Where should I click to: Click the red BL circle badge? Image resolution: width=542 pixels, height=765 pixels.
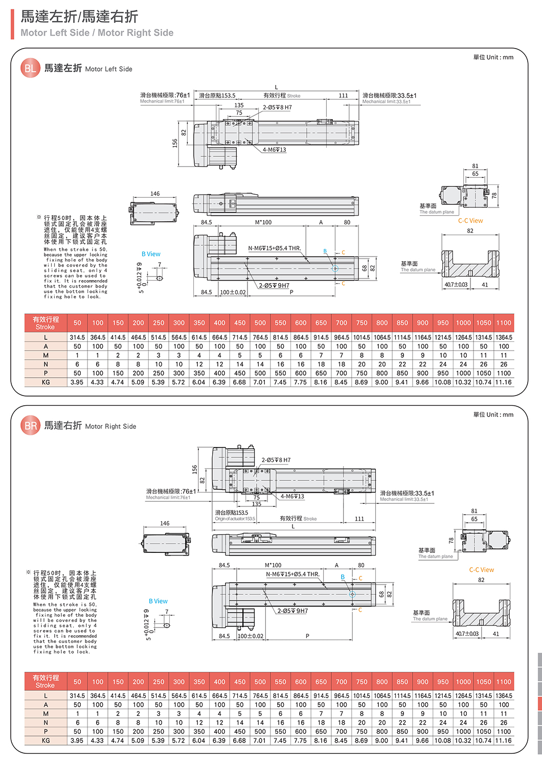pyautogui.click(x=30, y=68)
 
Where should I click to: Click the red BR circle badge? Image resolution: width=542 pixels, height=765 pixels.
pyautogui.click(x=30, y=426)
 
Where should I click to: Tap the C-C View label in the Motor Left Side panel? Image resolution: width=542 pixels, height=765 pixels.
pyautogui.click(x=470, y=221)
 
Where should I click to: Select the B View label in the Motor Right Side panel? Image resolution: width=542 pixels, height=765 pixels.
pyautogui.click(x=158, y=601)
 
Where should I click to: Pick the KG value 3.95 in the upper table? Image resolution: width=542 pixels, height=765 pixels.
pyautogui.click(x=77, y=382)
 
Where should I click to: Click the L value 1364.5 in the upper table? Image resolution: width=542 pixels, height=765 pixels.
pyautogui.click(x=504, y=338)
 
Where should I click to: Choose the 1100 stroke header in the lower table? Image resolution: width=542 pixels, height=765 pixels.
pyautogui.click(x=504, y=682)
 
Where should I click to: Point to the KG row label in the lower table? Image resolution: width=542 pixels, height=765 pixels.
pyautogui.click(x=46, y=740)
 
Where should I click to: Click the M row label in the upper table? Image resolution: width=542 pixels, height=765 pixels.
pyautogui.click(x=46, y=356)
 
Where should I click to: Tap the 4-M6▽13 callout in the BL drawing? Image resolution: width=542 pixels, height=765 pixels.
pyautogui.click(x=275, y=150)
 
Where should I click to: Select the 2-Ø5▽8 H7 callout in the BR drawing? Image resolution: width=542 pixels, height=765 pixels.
pyautogui.click(x=276, y=460)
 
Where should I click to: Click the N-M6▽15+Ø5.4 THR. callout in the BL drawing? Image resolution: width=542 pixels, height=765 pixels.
pyautogui.click(x=275, y=248)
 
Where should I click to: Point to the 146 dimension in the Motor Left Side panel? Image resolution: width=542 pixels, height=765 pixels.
pyautogui.click(x=155, y=194)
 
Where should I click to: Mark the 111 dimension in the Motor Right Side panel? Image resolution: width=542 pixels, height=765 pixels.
pyautogui.click(x=359, y=519)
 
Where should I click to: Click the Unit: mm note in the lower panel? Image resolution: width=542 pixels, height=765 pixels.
pyautogui.click(x=493, y=414)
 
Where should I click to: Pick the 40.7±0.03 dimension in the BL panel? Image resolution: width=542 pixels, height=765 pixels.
pyautogui.click(x=456, y=285)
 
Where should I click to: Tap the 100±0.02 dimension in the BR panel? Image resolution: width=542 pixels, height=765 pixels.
pyautogui.click(x=251, y=636)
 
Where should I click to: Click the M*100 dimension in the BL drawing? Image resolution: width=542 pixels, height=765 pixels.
pyautogui.click(x=263, y=222)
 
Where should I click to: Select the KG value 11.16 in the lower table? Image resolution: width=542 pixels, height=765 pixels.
pyautogui.click(x=504, y=740)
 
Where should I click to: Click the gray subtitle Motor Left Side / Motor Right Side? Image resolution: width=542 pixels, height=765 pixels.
pyautogui.click(x=97, y=33)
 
